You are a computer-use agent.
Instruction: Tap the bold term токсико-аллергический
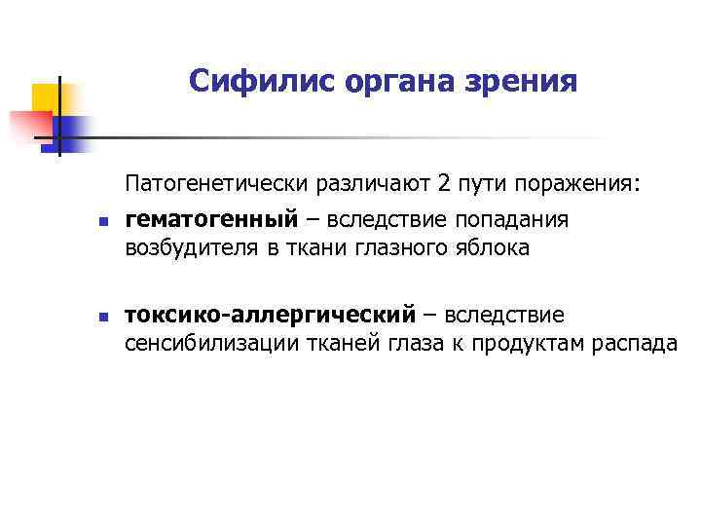(x=270, y=316)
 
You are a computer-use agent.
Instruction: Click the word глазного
(x=399, y=248)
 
